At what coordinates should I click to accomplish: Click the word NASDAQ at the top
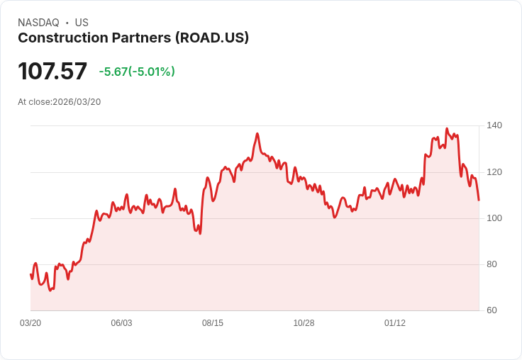[38, 23]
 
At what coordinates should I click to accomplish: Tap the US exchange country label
[82, 23]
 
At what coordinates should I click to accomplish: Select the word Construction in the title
[58, 38]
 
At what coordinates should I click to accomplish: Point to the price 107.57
[52, 71]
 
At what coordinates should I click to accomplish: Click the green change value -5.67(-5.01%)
[137, 72]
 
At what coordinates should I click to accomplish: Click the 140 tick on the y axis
[494, 125]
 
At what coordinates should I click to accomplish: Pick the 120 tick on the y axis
[494, 171]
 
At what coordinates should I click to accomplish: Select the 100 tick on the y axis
[494, 218]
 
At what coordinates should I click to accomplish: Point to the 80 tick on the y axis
[492, 264]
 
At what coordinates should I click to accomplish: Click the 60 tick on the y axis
[492, 310]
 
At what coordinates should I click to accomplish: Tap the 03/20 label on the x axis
[30, 323]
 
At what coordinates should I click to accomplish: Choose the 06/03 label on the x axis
[121, 323]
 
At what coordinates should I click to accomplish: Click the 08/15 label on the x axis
[213, 323]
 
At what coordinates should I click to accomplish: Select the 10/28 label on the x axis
[304, 323]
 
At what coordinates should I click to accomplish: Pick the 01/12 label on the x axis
[395, 323]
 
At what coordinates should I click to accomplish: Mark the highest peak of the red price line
[447, 129]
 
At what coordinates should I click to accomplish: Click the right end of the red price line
[479, 200]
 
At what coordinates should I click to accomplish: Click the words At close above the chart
[34, 102]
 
